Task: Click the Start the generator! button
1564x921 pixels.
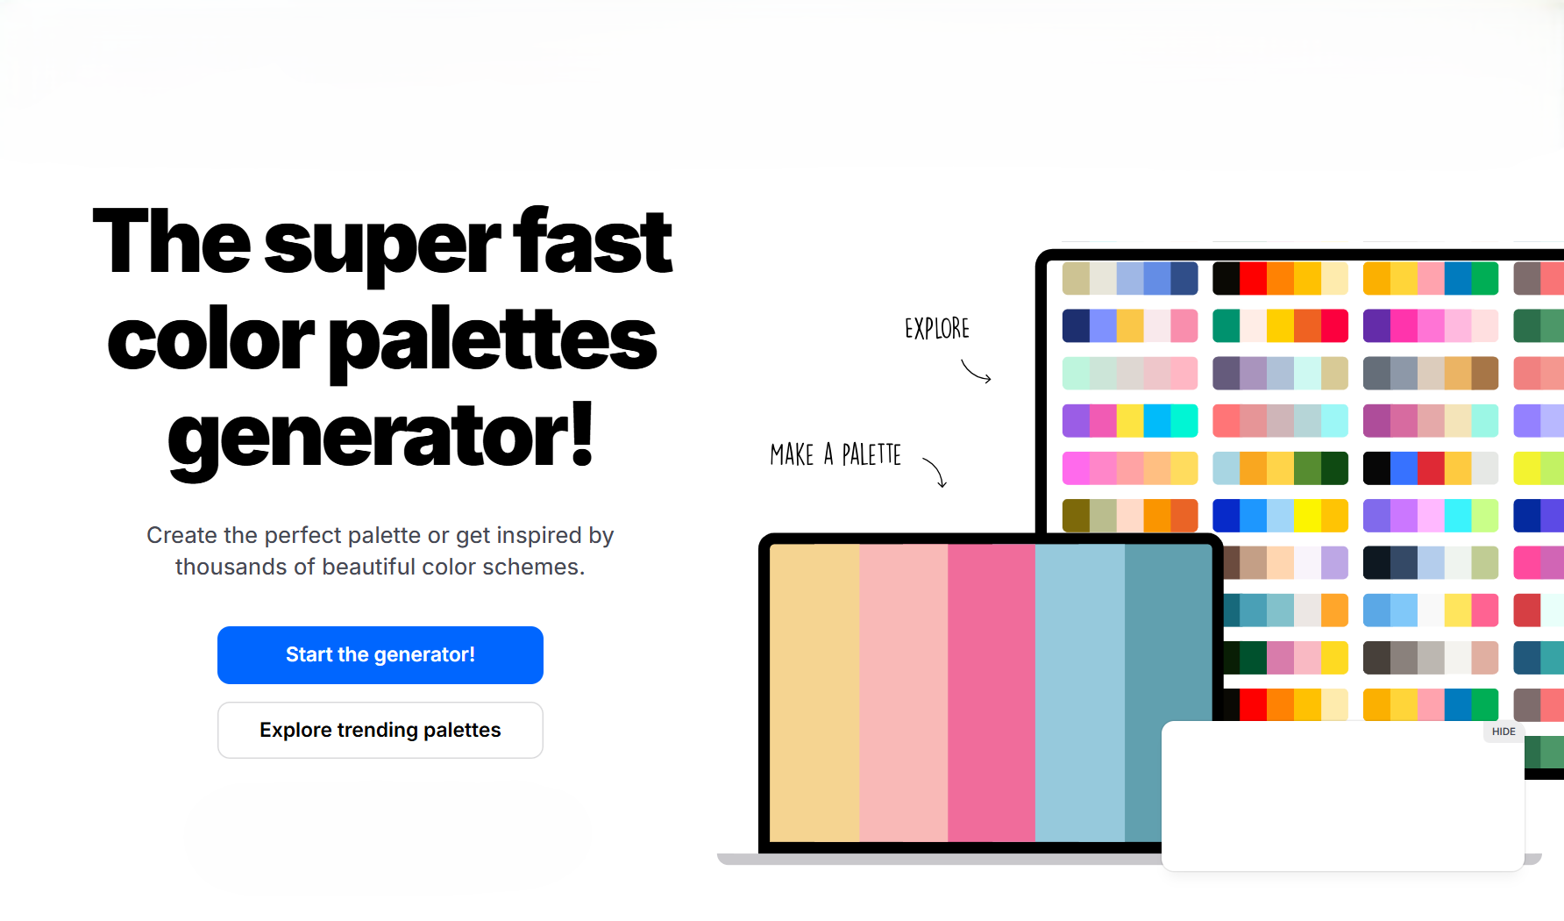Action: tap(380, 655)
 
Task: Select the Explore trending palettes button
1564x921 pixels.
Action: tap(380, 730)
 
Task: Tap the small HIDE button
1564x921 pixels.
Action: tap(1503, 732)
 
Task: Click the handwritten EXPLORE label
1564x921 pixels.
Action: tap(936, 329)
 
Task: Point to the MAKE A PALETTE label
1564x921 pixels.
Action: tap(835, 454)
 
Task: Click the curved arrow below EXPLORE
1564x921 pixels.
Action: tap(976, 372)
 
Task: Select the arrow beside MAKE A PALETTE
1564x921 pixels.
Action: tap(935, 472)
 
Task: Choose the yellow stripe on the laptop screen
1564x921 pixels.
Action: tap(814, 693)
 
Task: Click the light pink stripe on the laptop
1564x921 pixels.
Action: tap(903, 693)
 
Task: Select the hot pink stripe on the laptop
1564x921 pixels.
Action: tap(991, 693)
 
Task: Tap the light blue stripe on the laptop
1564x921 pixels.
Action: tap(1079, 693)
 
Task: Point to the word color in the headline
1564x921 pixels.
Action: tap(210, 340)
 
